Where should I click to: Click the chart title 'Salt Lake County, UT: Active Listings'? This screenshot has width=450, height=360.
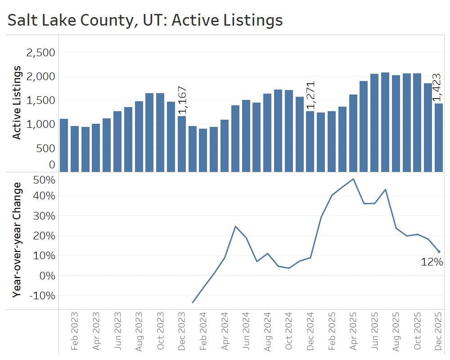click(x=145, y=20)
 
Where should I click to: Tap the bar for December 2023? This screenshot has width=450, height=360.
click(x=182, y=144)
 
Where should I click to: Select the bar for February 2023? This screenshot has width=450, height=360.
click(x=75, y=148)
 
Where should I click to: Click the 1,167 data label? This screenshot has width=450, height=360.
click(x=182, y=100)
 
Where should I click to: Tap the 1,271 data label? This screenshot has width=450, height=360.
click(x=310, y=95)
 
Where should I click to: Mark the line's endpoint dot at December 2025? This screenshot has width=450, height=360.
click(x=439, y=252)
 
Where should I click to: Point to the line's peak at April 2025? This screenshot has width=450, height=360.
click(x=353, y=179)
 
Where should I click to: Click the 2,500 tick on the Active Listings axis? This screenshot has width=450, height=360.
click(x=40, y=53)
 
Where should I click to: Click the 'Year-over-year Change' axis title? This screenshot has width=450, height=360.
click(x=17, y=239)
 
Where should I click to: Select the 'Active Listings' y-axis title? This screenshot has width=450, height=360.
click(x=17, y=102)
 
